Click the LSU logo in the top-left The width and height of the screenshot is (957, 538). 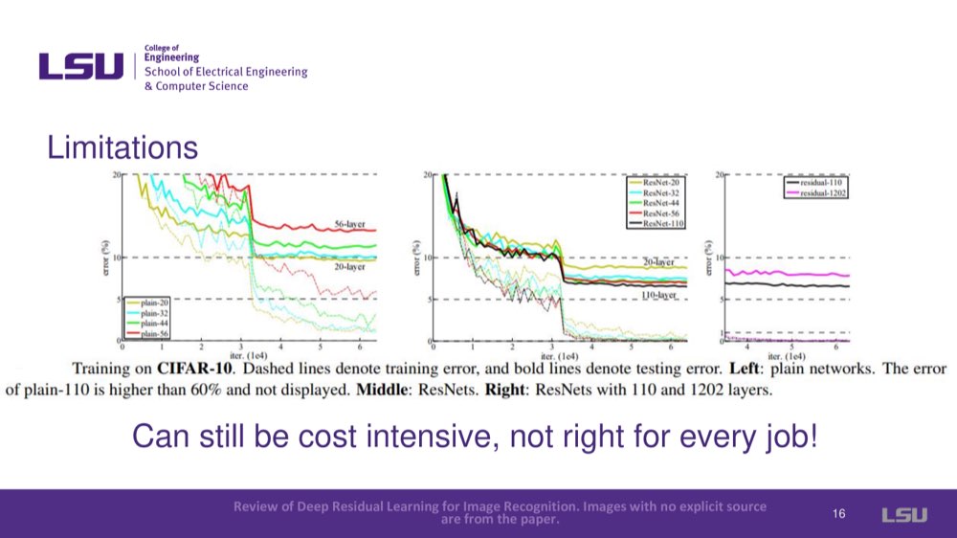[81, 66]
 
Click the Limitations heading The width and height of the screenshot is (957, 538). [122, 148]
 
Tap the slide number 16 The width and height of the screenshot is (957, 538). [838, 515]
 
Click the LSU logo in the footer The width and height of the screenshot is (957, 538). [903, 515]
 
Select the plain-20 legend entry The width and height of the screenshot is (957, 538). [153, 303]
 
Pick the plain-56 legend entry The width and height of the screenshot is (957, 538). [153, 334]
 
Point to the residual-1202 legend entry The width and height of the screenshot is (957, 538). [821, 193]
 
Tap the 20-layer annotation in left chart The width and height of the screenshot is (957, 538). [348, 267]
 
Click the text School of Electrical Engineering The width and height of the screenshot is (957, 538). [226, 72]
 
